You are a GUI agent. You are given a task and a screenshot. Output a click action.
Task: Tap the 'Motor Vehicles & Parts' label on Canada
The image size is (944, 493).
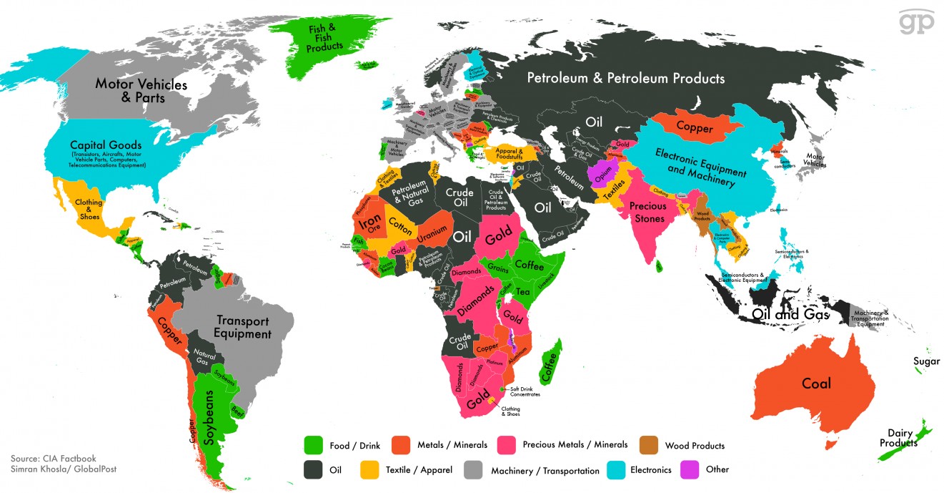(141, 91)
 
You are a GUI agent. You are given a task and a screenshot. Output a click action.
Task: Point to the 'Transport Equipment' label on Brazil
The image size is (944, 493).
(243, 328)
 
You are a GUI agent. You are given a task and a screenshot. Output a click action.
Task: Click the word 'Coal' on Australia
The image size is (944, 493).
(816, 384)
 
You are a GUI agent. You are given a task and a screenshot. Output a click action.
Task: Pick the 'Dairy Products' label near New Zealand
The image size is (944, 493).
(898, 438)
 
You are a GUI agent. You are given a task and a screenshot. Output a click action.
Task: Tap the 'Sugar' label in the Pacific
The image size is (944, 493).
(926, 361)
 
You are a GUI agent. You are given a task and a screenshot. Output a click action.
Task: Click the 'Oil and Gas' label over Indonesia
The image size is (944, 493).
(789, 314)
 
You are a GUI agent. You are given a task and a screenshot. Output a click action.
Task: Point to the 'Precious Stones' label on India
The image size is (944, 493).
(647, 212)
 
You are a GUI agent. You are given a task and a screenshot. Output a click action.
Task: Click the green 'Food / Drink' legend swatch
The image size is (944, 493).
(313, 445)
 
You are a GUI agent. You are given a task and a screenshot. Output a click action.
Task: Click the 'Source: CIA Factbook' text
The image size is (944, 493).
(53, 459)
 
